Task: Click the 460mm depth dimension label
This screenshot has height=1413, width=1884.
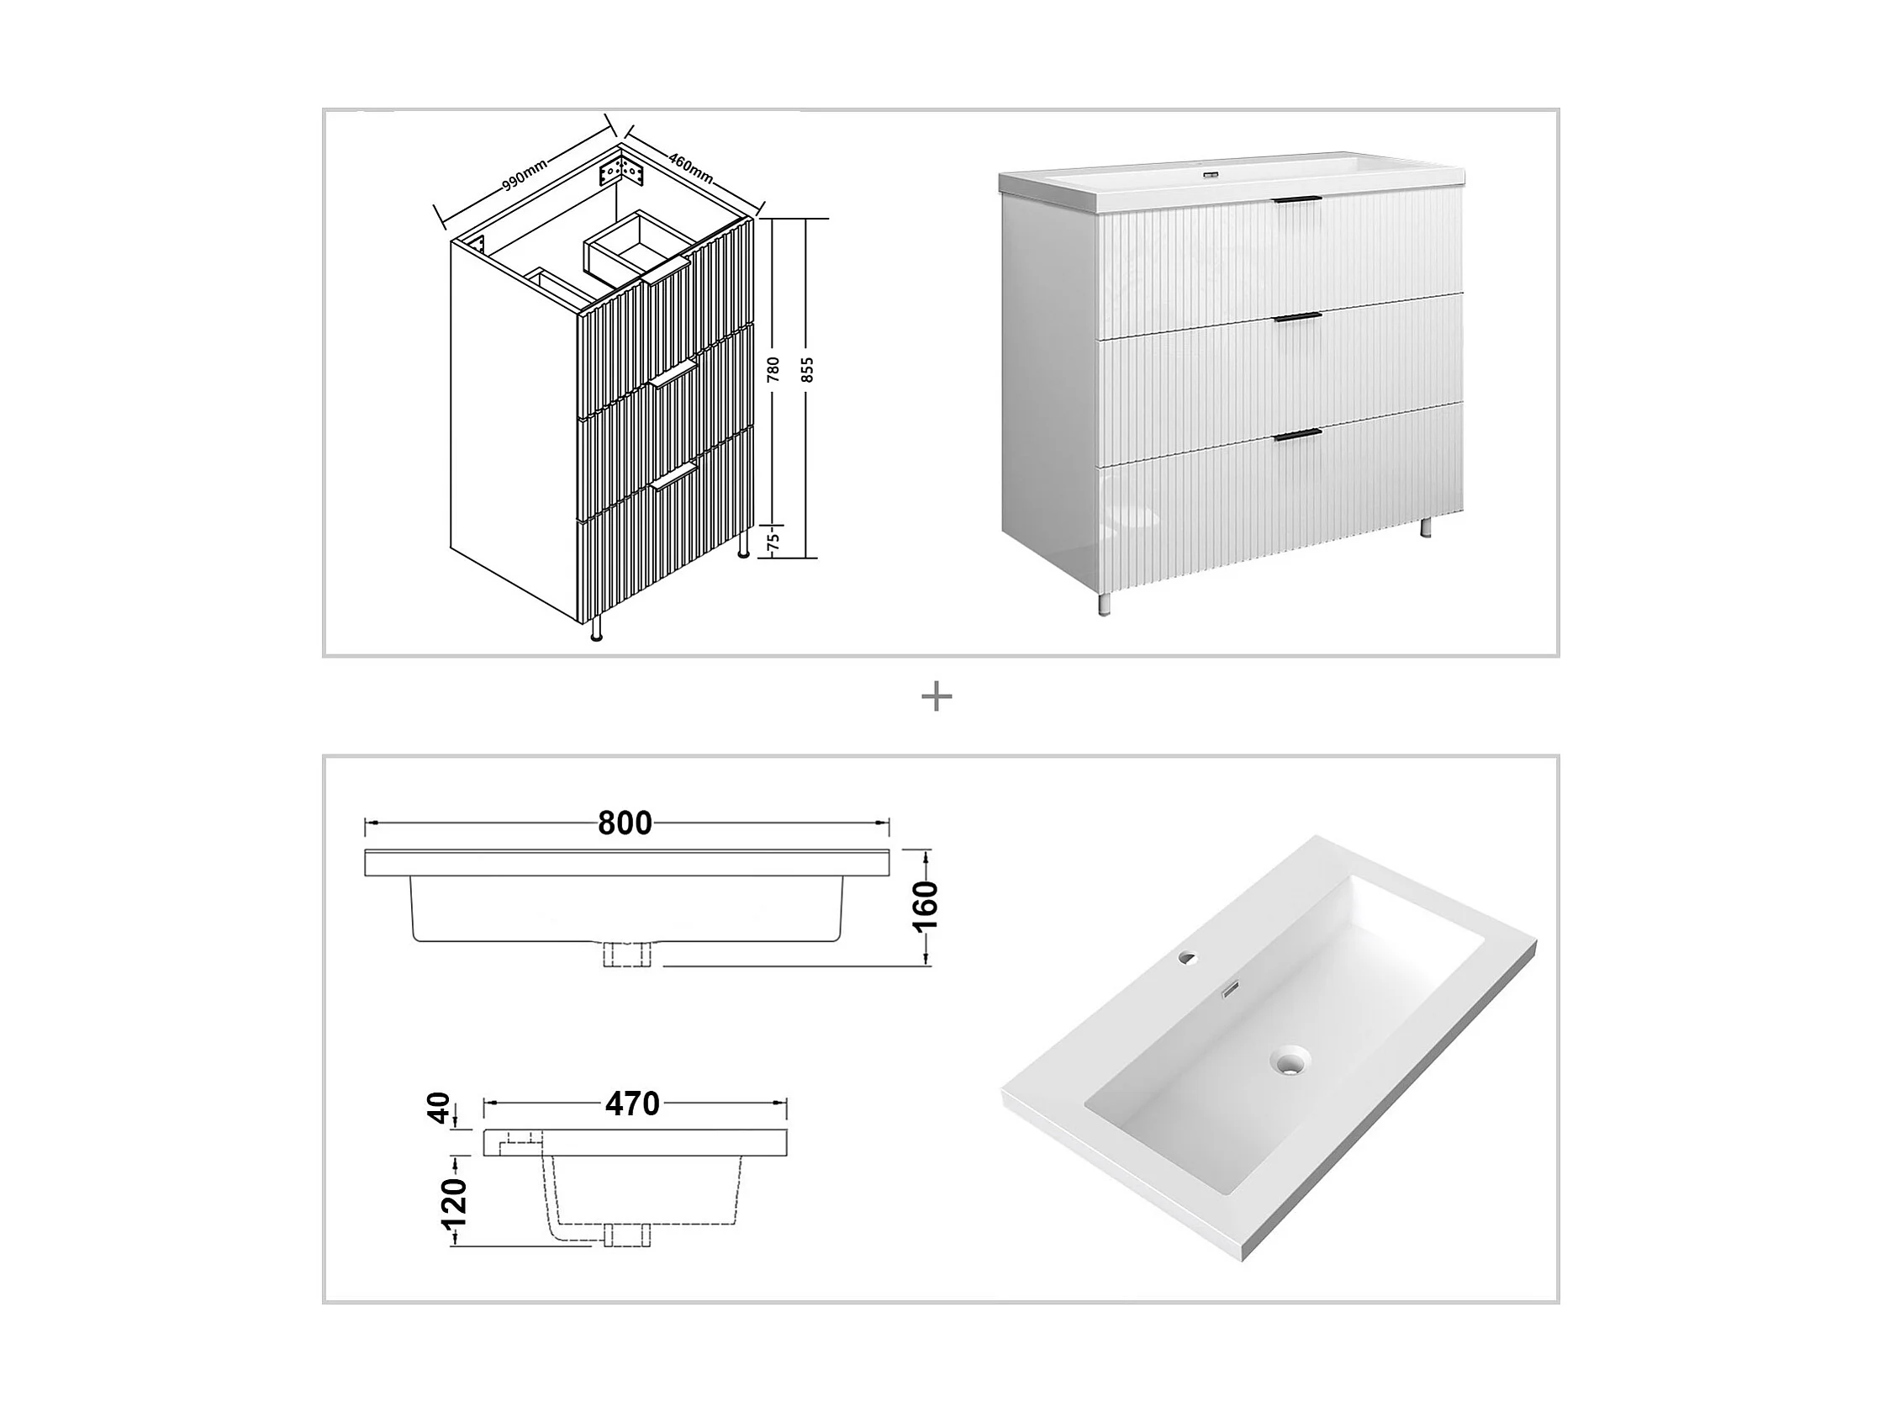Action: (x=691, y=171)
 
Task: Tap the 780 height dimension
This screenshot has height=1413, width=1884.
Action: (x=773, y=368)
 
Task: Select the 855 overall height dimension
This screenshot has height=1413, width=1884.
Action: (x=808, y=368)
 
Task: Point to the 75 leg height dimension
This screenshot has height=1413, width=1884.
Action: (x=773, y=539)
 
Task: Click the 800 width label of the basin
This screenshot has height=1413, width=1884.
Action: (x=625, y=823)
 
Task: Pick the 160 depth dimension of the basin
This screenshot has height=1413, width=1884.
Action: (x=926, y=907)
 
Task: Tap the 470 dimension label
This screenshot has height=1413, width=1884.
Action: (x=633, y=1104)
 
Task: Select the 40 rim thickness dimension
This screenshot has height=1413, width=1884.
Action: (x=439, y=1109)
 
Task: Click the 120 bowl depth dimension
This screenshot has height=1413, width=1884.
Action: (x=456, y=1202)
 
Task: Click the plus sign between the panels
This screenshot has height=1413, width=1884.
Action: (x=937, y=698)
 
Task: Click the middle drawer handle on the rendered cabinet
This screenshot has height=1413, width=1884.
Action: (x=1297, y=317)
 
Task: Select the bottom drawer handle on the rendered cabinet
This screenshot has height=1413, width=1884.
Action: (x=1297, y=436)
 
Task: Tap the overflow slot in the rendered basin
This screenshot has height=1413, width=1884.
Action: (x=1230, y=991)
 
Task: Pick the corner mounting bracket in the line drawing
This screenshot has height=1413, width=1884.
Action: (x=622, y=173)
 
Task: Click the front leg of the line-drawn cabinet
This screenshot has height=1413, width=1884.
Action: (x=596, y=627)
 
